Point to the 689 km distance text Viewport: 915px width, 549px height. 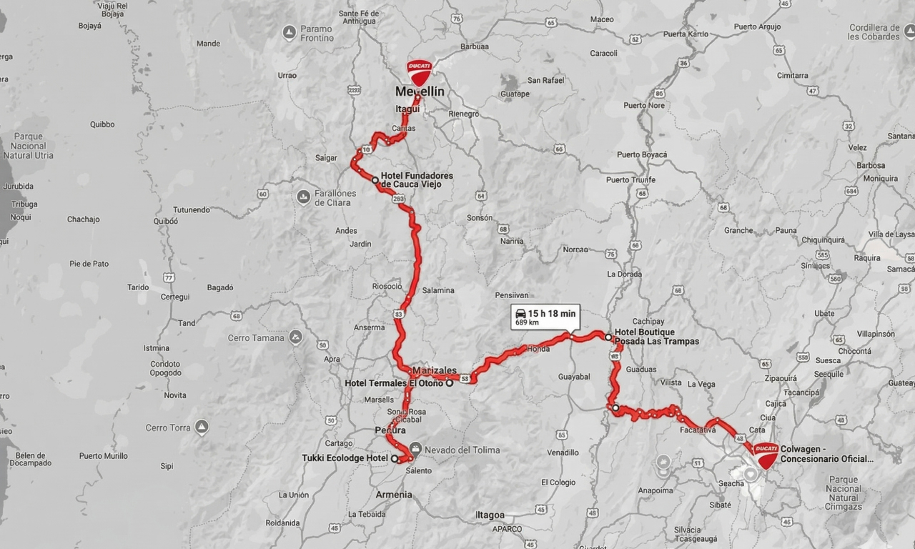pos(527,323)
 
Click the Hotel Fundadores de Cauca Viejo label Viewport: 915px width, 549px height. pos(416,180)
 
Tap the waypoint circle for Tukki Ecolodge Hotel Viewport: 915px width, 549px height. pos(395,459)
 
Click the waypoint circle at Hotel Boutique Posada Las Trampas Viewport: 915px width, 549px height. pos(608,337)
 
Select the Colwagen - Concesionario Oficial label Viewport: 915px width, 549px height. pos(826,454)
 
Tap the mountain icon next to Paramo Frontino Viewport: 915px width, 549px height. pos(289,33)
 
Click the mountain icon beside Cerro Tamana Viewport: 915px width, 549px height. pos(295,337)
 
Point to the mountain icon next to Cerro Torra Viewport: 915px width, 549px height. pos(202,427)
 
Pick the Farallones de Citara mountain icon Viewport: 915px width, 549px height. pos(303,196)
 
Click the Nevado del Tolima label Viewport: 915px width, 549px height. pos(462,450)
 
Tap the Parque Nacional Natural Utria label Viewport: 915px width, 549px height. pos(28,146)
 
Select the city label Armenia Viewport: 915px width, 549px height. pos(394,495)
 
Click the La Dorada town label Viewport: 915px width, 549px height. pos(624,274)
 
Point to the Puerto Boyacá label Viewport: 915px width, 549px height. pos(641,154)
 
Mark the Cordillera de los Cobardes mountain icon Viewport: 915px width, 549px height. pos(909,32)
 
